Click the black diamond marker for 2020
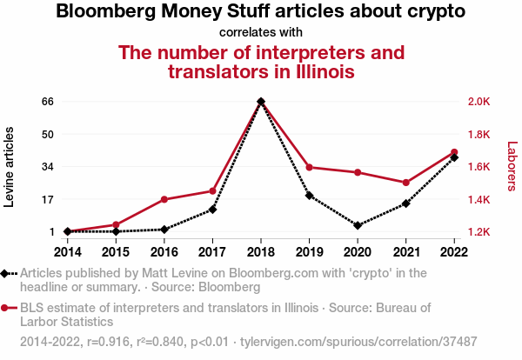click(x=358, y=225)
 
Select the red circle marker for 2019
click(x=309, y=167)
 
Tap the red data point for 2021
click(x=405, y=183)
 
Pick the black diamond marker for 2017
click(x=212, y=210)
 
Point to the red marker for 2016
click(x=164, y=199)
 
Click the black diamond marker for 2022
click(x=454, y=157)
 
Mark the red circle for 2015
click(x=116, y=224)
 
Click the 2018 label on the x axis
click(x=261, y=251)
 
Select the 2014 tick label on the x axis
click(x=68, y=251)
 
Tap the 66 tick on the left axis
click(x=48, y=102)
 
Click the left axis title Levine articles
click(x=10, y=167)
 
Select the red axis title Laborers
click(x=512, y=167)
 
